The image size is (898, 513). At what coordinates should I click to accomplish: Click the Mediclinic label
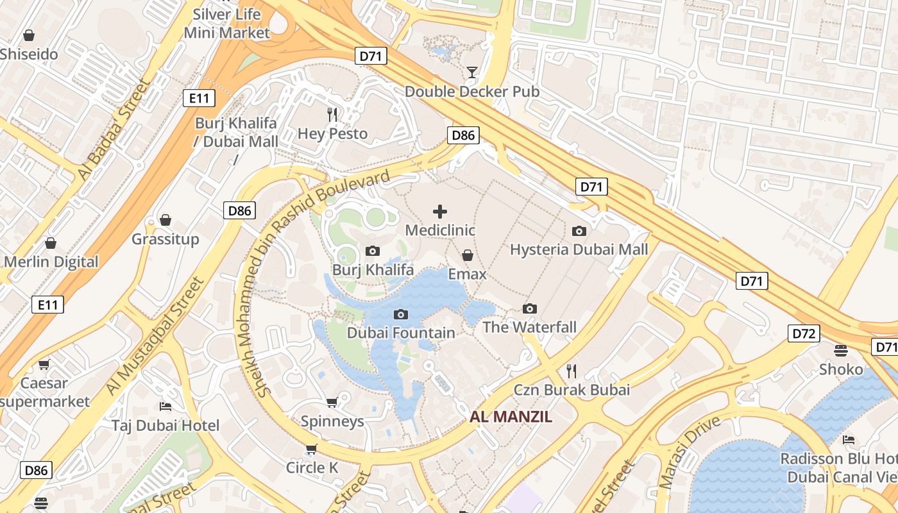coord(440,230)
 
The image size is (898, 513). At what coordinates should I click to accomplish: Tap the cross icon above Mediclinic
coord(440,211)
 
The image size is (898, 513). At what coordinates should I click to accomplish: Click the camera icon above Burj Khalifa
coord(372,251)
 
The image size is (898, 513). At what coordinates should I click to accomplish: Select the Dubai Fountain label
coord(401,333)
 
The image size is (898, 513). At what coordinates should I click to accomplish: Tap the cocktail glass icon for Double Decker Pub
coord(472,72)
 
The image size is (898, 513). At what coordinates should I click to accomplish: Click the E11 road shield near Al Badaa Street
coord(199,98)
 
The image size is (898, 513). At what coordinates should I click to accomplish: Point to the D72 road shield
coord(803,333)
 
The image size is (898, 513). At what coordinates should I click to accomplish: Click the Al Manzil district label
coord(511,417)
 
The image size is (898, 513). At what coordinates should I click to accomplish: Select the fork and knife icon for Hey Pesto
coord(332,115)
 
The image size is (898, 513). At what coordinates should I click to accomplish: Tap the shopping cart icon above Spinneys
coord(332,402)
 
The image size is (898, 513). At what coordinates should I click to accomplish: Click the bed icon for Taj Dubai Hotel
coord(165,406)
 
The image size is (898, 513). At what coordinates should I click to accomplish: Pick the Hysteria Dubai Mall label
coord(579,249)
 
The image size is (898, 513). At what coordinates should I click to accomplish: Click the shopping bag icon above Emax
coord(468,255)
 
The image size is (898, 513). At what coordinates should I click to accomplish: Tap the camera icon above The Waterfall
coord(530,308)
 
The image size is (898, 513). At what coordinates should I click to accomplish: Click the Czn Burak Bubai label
coord(572,389)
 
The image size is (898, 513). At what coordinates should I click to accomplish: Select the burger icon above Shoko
coord(841,350)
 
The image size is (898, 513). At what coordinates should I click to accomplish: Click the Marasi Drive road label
coord(690,451)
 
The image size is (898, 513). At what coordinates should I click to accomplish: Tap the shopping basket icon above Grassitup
coord(165,220)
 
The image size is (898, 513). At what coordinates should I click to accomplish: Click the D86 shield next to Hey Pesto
coord(463,135)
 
